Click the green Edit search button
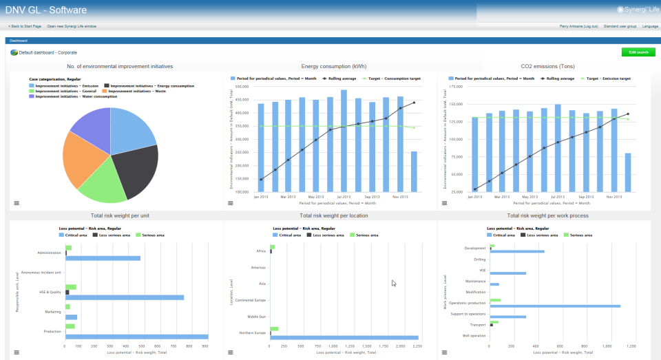point(638,52)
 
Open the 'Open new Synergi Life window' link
point(72,26)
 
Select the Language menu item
point(649,26)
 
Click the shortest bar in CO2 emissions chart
point(628,172)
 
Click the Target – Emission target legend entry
point(606,78)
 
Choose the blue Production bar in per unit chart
point(136,337)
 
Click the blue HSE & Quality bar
point(125,297)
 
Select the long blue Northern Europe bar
point(344,337)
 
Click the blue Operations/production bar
point(554,306)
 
